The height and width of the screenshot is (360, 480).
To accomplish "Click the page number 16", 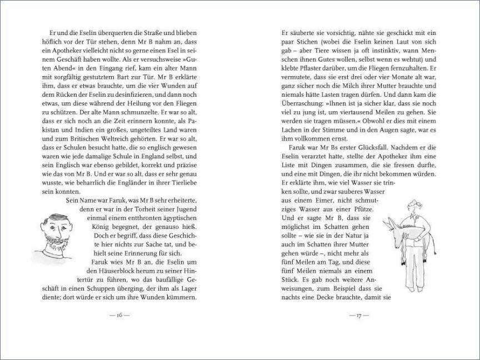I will [x=119, y=316].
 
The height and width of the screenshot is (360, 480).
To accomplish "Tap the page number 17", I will [x=356, y=316].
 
